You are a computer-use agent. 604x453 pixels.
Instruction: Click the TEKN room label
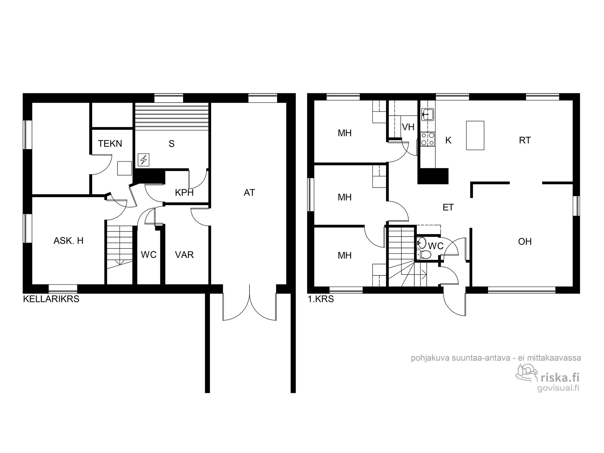110,143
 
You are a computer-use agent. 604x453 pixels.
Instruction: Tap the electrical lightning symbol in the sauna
143,160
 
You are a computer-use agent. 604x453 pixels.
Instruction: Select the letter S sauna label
172,144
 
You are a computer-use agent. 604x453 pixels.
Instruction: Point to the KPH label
184,192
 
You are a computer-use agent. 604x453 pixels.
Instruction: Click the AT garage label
249,192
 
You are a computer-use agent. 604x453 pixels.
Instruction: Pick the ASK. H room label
69,241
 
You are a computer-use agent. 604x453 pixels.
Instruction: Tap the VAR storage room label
184,255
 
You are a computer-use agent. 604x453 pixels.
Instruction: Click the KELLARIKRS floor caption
51,299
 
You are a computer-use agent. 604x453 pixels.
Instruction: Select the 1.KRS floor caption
321,299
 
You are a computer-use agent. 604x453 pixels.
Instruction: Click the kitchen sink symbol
427,114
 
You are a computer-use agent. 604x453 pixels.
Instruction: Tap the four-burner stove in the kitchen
428,140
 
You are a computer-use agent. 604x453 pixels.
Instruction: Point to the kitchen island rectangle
475,135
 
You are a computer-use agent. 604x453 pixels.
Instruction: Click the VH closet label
408,127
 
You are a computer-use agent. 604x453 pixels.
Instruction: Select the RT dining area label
525,140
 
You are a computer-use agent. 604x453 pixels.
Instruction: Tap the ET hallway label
448,207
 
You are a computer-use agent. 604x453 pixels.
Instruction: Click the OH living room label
525,241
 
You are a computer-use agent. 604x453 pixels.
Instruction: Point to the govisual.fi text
558,388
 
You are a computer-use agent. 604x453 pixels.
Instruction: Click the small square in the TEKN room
124,168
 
